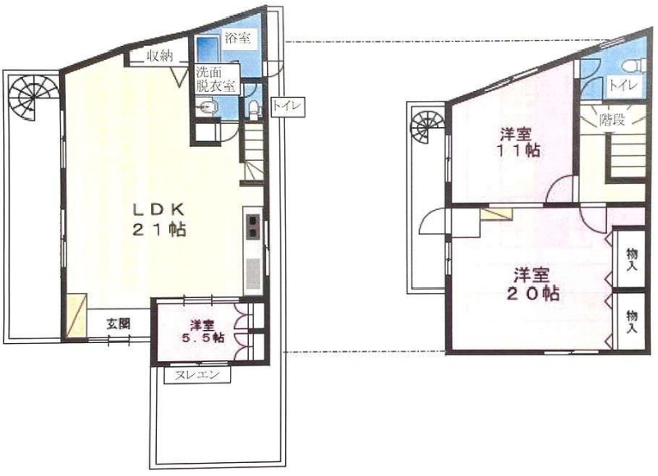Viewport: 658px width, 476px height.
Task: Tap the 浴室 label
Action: pos(237,39)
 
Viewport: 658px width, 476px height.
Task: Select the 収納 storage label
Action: pos(159,56)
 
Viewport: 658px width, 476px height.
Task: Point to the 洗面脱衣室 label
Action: pos(215,79)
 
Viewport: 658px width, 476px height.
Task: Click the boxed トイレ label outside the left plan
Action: pos(288,107)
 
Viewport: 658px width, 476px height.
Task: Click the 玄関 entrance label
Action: pos(118,324)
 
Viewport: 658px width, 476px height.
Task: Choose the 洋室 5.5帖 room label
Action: pos(202,331)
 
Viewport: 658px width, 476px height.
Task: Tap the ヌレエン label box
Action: pos(197,375)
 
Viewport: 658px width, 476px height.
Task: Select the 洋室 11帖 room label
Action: pos(519,143)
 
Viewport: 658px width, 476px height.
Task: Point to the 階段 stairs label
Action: pos(612,120)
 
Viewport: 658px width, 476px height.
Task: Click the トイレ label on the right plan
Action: pos(623,85)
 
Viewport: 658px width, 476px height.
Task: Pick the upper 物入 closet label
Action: pos(632,259)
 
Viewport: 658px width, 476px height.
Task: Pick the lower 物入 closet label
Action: pos(632,321)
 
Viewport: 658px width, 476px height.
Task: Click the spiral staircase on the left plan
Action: pos(29,98)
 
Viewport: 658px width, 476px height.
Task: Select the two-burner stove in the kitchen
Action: pos(254,226)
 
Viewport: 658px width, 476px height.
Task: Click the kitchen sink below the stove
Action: pos(254,274)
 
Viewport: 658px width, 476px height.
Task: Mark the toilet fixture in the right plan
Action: pos(637,66)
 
